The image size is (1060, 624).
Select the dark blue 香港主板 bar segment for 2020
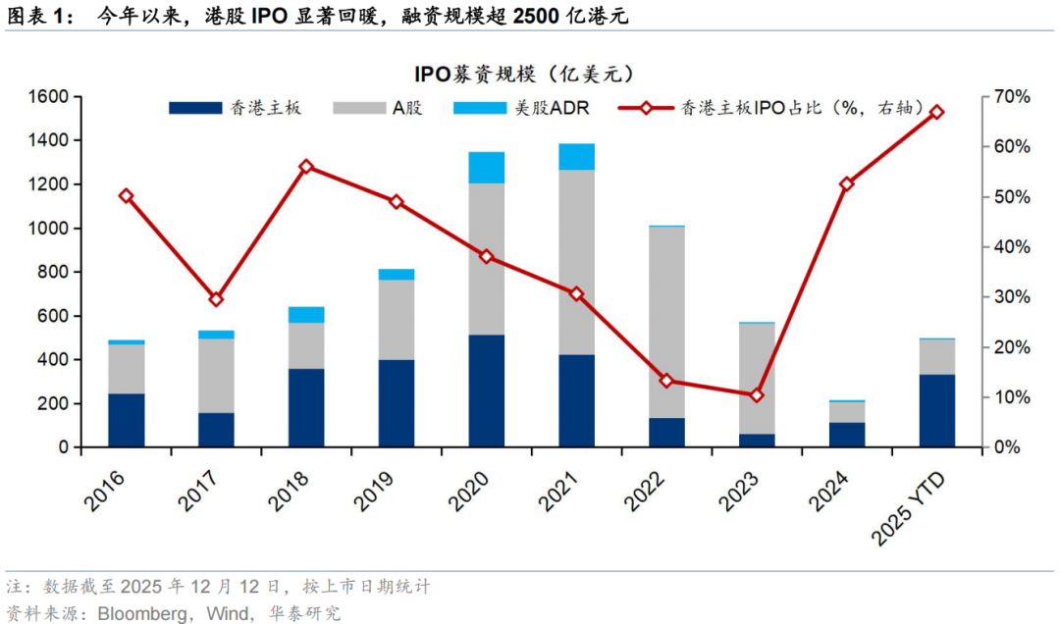click(x=486, y=390)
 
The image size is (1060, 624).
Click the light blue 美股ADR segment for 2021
click(x=576, y=157)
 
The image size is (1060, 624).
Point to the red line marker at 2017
click(x=216, y=299)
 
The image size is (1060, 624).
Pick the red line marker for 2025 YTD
click(x=936, y=112)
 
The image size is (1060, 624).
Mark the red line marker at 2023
click(x=756, y=395)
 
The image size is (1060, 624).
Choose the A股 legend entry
click(x=377, y=108)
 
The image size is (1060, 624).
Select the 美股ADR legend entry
click(x=521, y=108)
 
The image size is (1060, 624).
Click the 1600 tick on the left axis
click(x=48, y=96)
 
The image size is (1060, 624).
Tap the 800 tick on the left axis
click(x=53, y=272)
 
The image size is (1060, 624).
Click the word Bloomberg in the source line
click(x=138, y=613)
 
